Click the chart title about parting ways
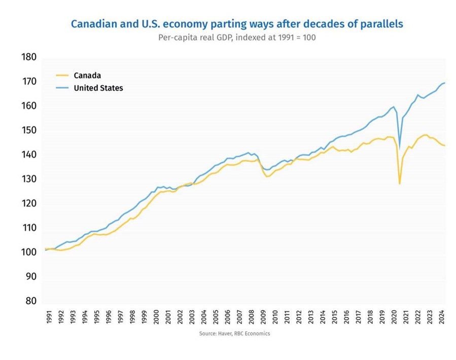[237, 24]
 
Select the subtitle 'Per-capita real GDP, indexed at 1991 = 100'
[237, 38]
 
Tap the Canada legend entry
[87, 76]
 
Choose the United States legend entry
[98, 88]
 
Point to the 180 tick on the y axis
[29, 57]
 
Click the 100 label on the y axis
[29, 253]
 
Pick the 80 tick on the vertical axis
[30, 301]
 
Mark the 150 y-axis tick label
[29, 130]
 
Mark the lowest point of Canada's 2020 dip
[400, 184]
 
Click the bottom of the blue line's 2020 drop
[400, 148]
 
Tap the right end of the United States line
[445, 83]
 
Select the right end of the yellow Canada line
[445, 146]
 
